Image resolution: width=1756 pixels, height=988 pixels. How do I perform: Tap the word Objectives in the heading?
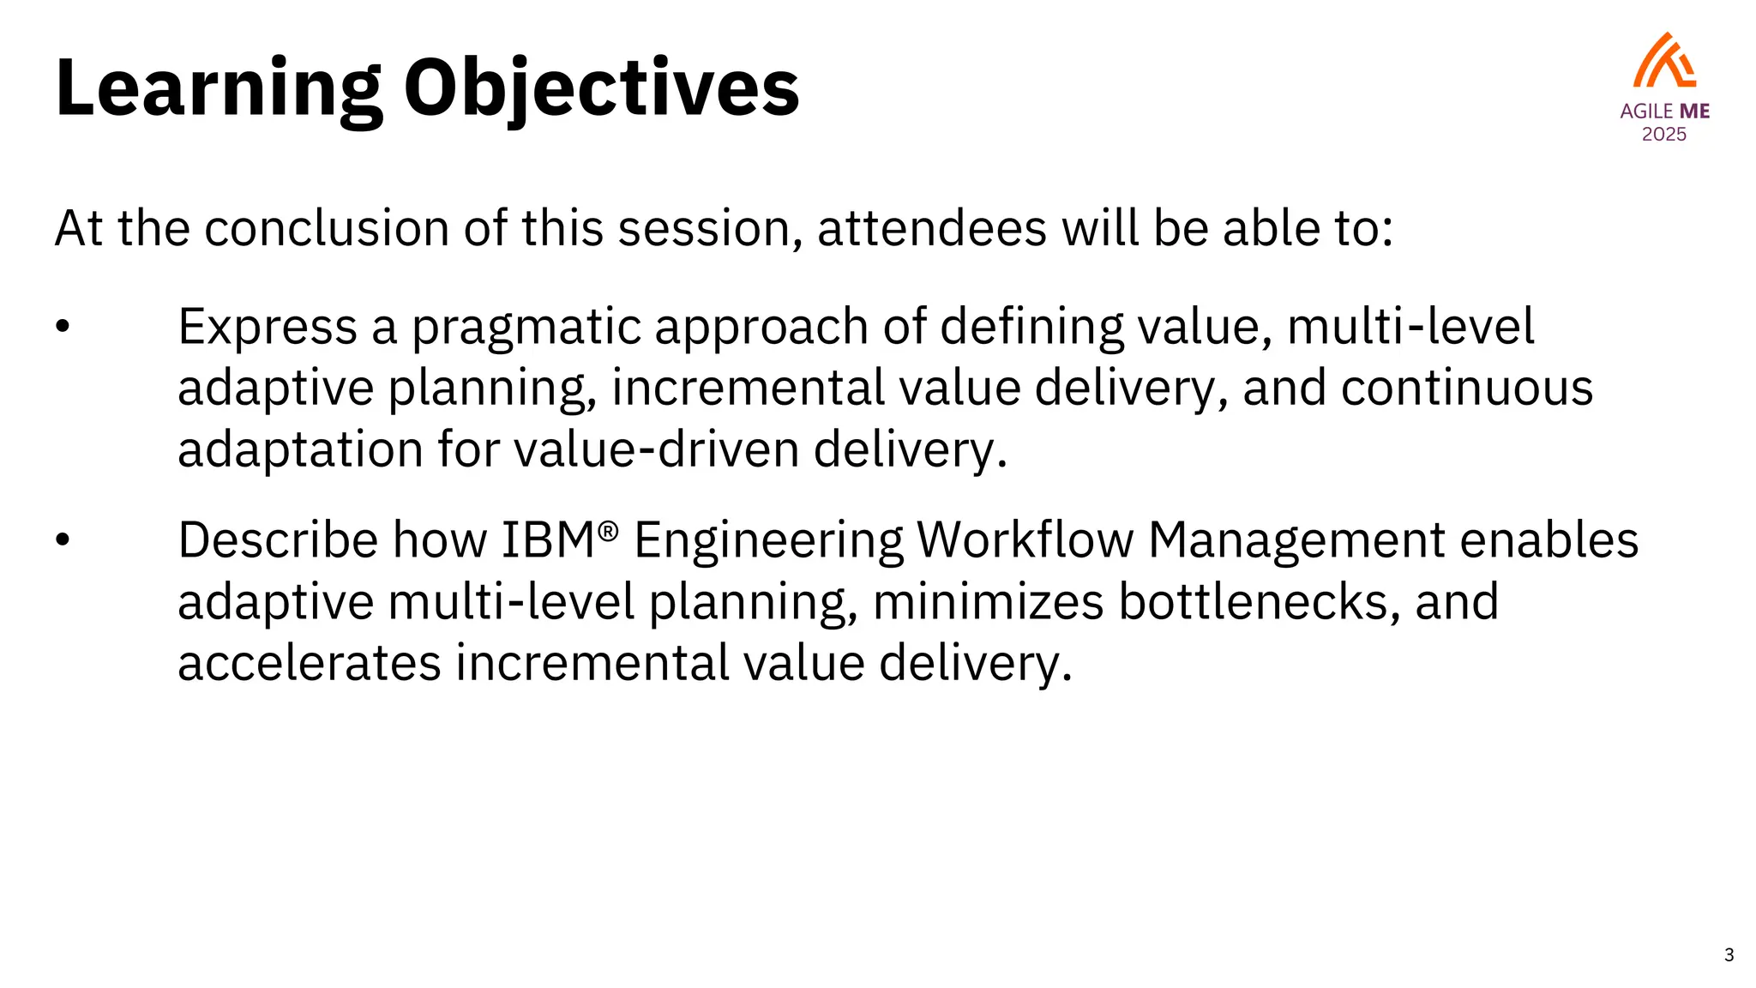pyautogui.click(x=601, y=89)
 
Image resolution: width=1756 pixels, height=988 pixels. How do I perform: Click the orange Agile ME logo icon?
pyautogui.click(x=1664, y=61)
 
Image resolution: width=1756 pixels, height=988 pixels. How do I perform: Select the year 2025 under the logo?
pyautogui.click(x=1664, y=135)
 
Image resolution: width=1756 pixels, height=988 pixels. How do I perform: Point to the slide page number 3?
pyautogui.click(x=1729, y=955)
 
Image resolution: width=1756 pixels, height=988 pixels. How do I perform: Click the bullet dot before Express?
pyautogui.click(x=62, y=327)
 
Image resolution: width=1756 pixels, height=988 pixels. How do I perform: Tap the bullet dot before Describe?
pyautogui.click(x=62, y=540)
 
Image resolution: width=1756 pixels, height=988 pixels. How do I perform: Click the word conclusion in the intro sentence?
pyautogui.click(x=327, y=229)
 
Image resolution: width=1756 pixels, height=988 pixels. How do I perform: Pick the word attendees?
pyautogui.click(x=932, y=229)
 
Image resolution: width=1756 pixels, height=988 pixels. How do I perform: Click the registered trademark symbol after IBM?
pyautogui.click(x=608, y=531)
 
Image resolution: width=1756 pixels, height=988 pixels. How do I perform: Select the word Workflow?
pyautogui.click(x=1025, y=540)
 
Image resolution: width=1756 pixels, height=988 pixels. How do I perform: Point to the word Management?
pyautogui.click(x=1296, y=542)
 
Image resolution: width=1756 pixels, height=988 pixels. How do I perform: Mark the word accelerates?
pyautogui.click(x=310, y=664)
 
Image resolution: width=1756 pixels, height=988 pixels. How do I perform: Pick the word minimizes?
pyautogui.click(x=988, y=602)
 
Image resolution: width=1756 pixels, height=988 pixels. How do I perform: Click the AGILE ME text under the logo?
pyautogui.click(x=1664, y=111)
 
